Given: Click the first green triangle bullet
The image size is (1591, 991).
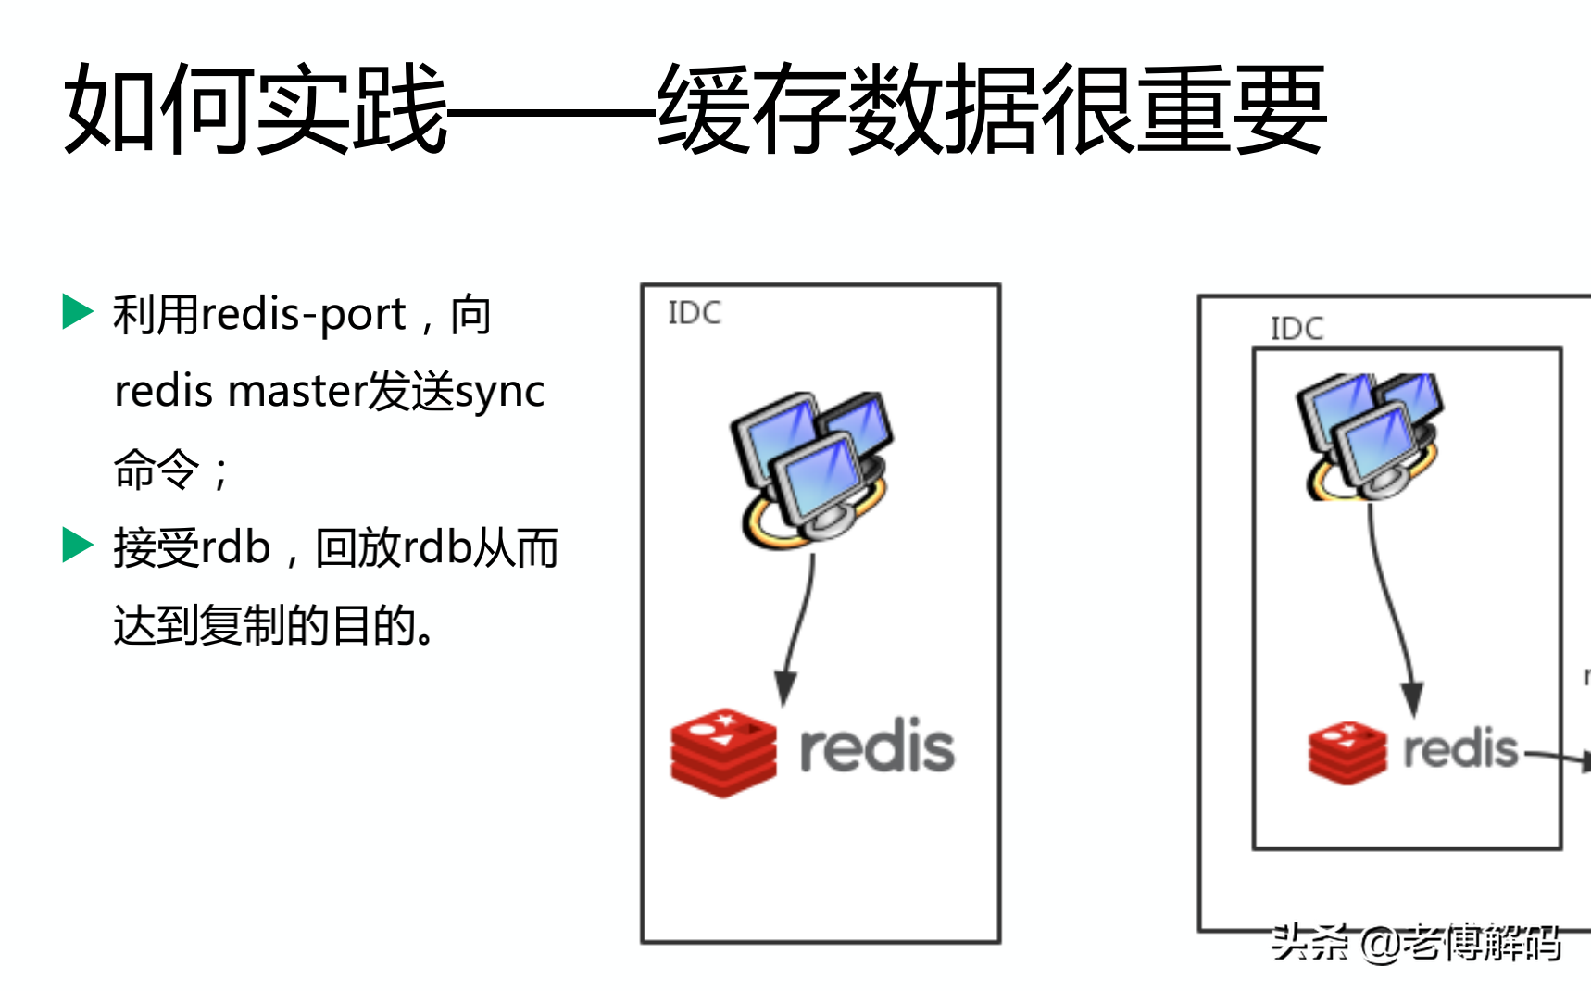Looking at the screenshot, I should [77, 311].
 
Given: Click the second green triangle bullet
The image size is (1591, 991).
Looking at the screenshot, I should [77, 545].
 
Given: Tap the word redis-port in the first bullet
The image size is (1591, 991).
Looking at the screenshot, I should [304, 315].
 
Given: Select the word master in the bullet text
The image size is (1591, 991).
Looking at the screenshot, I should [296, 391].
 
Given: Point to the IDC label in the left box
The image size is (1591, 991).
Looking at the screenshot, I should [695, 313].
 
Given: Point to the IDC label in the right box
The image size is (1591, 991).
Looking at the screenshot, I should [1297, 328].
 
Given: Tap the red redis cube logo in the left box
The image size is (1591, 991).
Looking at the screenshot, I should [723, 751].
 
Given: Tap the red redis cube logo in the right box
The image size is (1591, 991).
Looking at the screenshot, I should [1347, 751].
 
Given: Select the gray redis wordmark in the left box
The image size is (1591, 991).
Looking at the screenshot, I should [876, 746].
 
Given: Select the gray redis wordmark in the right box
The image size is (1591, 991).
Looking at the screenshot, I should [1460, 748].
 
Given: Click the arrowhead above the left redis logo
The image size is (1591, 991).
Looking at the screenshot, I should [785, 688].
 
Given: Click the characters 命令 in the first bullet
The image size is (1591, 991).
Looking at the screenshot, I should [157, 469].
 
